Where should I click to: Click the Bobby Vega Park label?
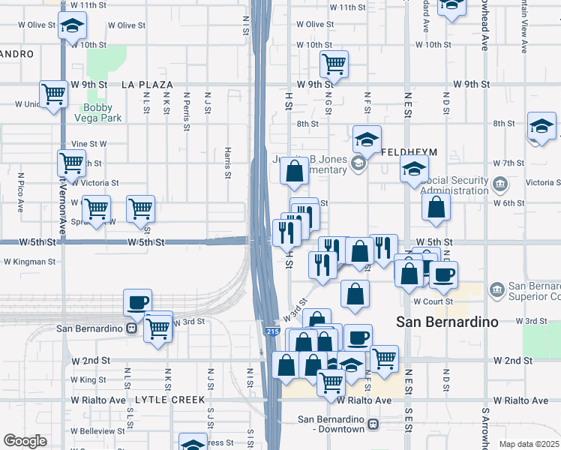tap(101, 112)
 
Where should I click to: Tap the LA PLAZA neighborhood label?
tap(147, 85)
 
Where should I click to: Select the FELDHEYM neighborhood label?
tap(409, 151)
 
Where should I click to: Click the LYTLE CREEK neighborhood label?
tap(169, 400)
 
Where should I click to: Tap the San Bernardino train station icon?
tap(131, 328)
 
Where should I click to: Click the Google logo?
tap(25, 441)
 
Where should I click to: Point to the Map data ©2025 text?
tap(528, 444)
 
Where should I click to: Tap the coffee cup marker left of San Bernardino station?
tap(138, 302)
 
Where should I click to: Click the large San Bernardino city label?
tap(447, 322)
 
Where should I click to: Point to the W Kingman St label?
tap(29, 262)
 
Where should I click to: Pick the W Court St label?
tap(433, 301)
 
